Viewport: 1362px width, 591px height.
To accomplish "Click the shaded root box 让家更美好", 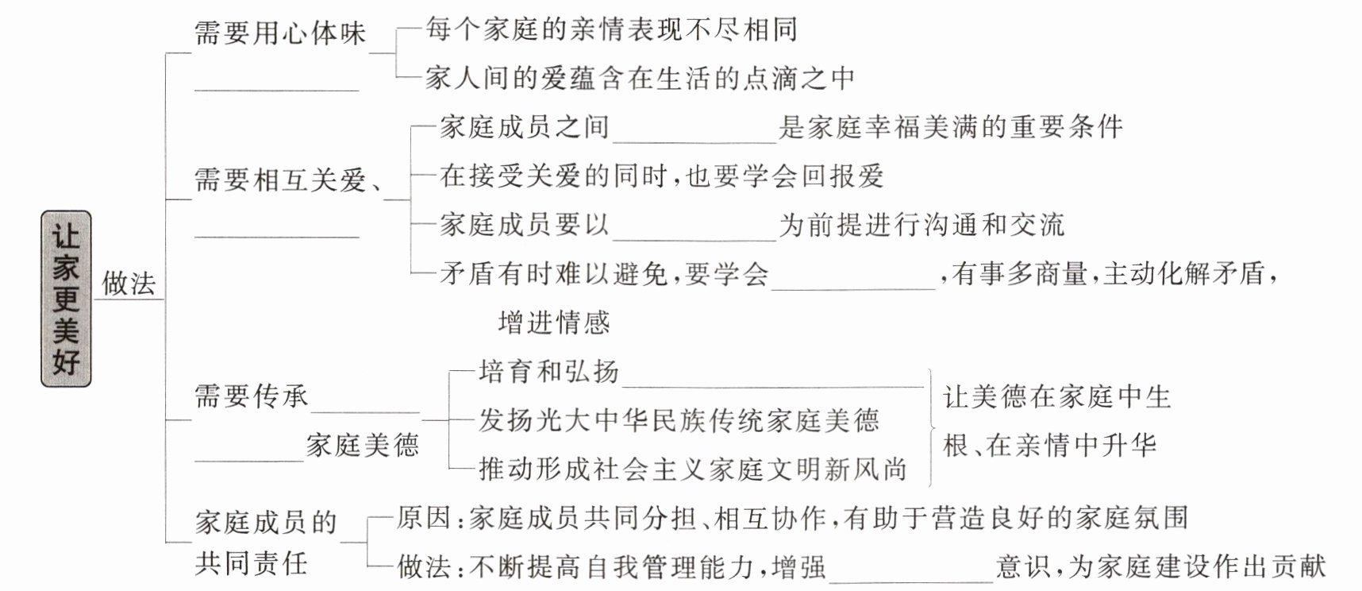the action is [66, 299].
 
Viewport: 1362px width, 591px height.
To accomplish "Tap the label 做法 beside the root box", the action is [129, 283].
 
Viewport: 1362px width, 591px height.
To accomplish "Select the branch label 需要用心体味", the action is [280, 33].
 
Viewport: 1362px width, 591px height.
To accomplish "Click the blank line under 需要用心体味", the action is [277, 91].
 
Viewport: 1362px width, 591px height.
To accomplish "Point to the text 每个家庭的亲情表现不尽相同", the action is [611, 29].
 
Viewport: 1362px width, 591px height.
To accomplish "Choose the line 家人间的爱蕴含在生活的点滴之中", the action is [640, 78].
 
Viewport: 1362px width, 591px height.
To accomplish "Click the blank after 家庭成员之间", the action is [694, 142].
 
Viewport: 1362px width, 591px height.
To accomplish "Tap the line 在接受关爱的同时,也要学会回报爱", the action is [662, 176].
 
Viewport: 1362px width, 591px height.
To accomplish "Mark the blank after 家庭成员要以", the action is [694, 240].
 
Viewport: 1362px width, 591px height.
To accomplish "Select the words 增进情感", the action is [554, 323].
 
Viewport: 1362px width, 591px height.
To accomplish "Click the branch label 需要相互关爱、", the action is [289, 180].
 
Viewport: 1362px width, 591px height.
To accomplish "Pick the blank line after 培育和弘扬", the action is [773, 387].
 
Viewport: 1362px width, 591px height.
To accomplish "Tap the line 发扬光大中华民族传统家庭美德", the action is [679, 420].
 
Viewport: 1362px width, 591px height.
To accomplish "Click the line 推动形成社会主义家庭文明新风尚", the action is [692, 469].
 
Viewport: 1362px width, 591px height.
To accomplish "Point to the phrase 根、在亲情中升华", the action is [1049, 446].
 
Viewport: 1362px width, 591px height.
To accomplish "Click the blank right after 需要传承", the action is [365, 411].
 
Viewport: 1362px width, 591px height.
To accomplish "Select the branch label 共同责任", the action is [251, 564].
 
